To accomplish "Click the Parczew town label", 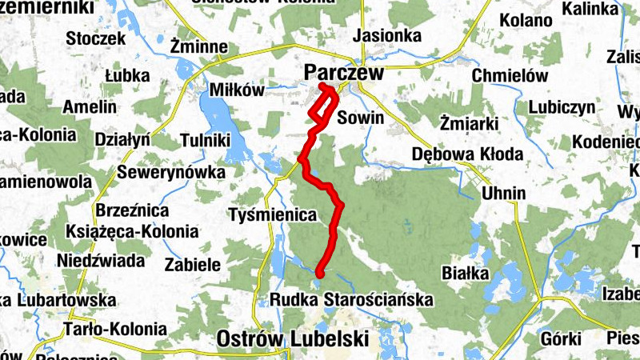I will (x=344, y=73).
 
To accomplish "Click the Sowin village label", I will (x=361, y=118).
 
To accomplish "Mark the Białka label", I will (x=465, y=274).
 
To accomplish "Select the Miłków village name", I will (x=235, y=90).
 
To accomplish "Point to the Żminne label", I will (x=200, y=47).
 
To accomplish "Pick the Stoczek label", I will (x=96, y=38).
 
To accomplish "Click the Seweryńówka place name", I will (x=171, y=172).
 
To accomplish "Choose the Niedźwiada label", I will (x=101, y=260).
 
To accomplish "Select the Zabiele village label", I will (x=191, y=264).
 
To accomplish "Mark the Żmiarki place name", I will (x=470, y=122).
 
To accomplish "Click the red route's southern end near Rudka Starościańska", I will (x=319, y=272).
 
